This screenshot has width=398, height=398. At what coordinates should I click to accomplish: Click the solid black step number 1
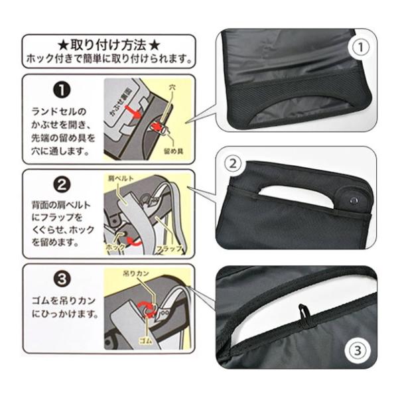coord(62,90)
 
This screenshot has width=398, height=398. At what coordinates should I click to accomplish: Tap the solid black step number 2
coord(62,184)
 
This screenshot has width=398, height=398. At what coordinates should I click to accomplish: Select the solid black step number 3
coord(62,279)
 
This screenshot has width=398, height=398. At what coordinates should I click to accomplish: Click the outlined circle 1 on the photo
coord(361,47)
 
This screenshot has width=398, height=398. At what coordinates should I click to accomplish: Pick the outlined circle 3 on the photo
coord(358,351)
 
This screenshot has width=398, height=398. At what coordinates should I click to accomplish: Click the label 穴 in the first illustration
coord(172,88)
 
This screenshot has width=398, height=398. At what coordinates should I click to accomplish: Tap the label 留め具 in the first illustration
coord(174,151)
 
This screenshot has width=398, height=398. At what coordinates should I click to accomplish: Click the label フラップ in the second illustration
coord(169,248)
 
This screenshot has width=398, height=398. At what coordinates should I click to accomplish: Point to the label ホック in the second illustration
coord(115,247)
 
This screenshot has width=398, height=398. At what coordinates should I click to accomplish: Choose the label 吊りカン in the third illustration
coord(136,273)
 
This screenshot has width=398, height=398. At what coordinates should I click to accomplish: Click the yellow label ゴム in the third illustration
coord(146,341)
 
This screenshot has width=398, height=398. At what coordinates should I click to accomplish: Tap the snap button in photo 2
coord(354,201)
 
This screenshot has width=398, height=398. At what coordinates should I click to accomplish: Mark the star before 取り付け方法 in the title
coord(62,45)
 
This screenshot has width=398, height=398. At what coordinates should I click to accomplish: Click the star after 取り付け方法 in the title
coord(155,45)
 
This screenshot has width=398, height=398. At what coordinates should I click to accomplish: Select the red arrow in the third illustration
coord(147,308)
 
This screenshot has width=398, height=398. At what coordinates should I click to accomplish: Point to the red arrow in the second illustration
coord(134,241)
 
